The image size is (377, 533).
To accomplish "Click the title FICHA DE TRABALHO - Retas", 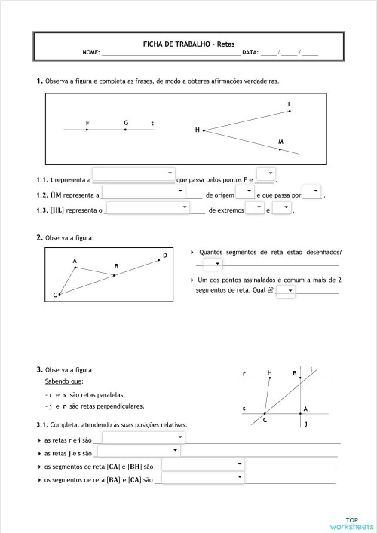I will coord(189,44).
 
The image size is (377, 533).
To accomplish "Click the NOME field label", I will coord(91,53).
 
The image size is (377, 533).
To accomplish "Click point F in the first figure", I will coord(87,130).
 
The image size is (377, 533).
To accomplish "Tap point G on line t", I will coord(126,130).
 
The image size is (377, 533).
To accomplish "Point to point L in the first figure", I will coord(290,111).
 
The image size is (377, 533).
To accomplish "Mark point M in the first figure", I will coord(280,149).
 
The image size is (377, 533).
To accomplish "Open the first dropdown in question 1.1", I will coord(133,175).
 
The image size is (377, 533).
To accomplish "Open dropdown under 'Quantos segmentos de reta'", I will coord(213,264).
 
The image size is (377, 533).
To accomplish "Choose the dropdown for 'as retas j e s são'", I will coord(138,451).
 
